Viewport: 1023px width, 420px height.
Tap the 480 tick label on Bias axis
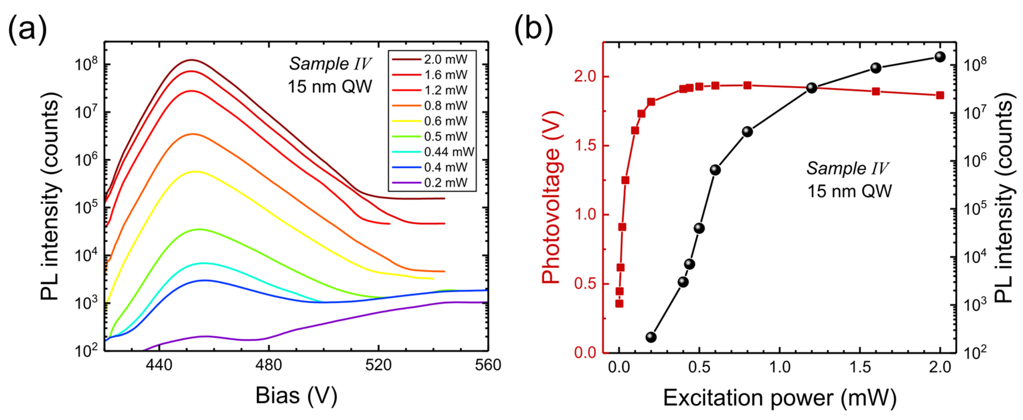coord(269,365)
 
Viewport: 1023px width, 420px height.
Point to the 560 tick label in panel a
coord(488,365)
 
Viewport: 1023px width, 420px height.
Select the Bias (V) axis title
coord(296,395)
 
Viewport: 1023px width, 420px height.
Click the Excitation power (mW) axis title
coord(780,398)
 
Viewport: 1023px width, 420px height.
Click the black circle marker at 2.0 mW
coord(940,57)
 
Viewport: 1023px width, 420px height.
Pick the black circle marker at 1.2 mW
coord(812,88)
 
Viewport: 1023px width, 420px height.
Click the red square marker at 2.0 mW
coord(940,95)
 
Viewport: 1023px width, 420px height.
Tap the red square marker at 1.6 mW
coord(876,91)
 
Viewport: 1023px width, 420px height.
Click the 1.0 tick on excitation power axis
coord(780,367)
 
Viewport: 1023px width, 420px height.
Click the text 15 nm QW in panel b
coord(849,191)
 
